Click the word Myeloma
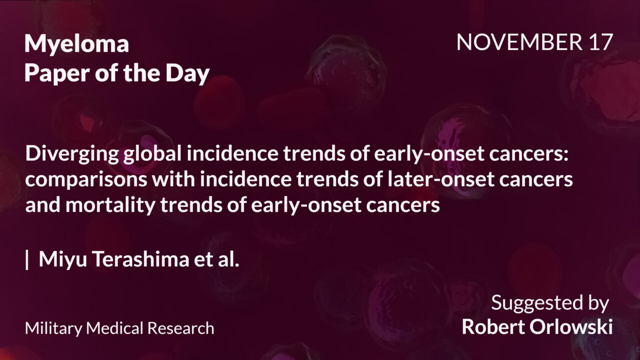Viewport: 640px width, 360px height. tap(76, 45)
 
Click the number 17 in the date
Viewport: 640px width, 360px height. tap(600, 43)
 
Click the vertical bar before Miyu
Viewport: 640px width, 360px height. tap(27, 260)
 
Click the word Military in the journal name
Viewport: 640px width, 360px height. tap(53, 328)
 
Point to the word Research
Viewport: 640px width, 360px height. tap(181, 328)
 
